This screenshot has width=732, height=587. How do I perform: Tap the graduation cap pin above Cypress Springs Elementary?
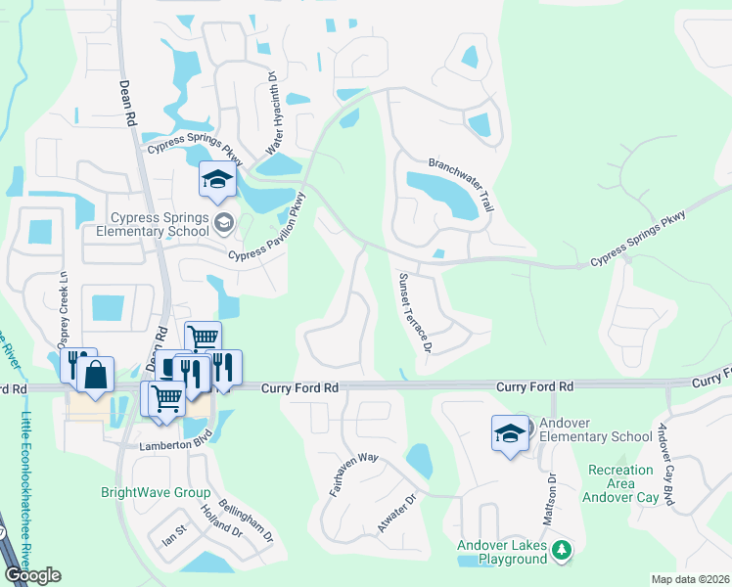(x=217, y=180)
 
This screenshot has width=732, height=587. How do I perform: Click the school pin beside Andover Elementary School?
(x=510, y=434)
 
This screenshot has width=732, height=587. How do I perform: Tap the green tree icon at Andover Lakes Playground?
(x=561, y=552)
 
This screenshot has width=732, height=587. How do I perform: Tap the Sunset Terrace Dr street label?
(x=414, y=312)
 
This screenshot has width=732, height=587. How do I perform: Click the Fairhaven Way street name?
(x=353, y=473)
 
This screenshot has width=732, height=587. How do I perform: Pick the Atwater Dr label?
(x=396, y=514)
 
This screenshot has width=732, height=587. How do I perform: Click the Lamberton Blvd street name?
(x=109, y=445)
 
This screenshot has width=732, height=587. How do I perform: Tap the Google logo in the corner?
(x=32, y=574)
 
